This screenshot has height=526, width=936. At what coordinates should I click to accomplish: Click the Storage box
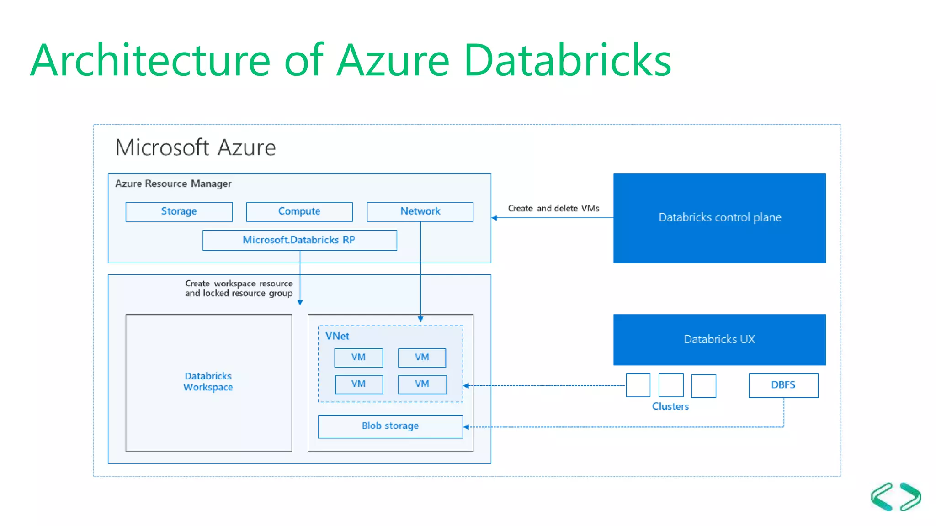pos(179,211)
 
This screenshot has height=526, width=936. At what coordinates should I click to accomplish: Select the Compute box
pos(299,211)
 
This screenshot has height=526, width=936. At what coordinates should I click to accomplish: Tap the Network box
pos(420,211)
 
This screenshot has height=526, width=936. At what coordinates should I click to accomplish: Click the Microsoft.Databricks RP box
pos(299,240)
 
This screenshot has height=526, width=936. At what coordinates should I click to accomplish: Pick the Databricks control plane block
pos(719,218)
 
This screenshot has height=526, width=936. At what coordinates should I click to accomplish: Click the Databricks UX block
pos(719,339)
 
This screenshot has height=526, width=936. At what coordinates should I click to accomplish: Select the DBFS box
pos(783,385)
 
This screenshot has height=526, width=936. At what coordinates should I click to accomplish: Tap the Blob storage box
pos(390,426)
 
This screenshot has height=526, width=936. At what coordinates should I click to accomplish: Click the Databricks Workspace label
pos(208,382)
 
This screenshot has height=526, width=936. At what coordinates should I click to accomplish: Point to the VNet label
pos(337,336)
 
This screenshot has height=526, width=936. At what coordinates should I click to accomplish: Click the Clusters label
pos(670,406)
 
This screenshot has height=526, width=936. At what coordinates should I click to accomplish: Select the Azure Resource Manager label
pos(173,184)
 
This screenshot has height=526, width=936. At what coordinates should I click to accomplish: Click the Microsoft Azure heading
pos(196,147)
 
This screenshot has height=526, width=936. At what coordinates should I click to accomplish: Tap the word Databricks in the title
pos(567,60)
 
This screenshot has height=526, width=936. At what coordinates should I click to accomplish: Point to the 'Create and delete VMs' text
pos(553,208)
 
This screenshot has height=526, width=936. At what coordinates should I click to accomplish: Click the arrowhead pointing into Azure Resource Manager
pos(495,218)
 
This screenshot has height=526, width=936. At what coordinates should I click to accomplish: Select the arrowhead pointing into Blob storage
pos(466,427)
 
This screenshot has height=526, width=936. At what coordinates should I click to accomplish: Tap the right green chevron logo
pos(910,497)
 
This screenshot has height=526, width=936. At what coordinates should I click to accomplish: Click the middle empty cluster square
pos(670,385)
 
